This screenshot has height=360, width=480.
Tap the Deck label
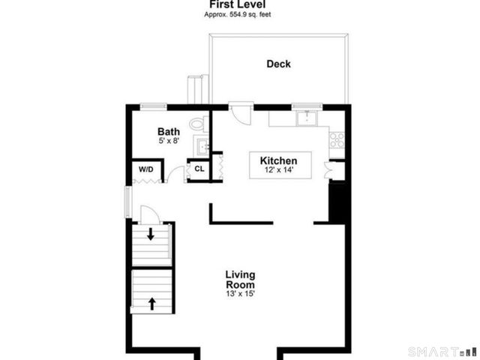278,64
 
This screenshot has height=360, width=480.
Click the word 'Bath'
169,130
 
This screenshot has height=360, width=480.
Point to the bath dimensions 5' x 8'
169,140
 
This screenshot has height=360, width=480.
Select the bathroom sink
202,144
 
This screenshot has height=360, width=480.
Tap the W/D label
145,169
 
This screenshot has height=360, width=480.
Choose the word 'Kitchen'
278,160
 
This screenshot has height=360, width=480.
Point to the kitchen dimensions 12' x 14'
278,170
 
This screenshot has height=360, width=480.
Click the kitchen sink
307,118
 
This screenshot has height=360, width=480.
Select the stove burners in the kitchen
337,138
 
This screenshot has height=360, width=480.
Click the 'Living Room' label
240,280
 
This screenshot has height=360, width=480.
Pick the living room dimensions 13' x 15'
240,295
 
